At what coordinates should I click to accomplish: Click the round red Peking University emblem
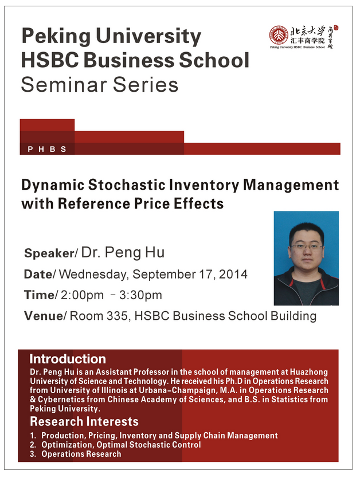click(279, 35)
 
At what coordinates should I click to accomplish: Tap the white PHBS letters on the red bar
click(47, 149)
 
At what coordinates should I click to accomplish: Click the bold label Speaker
click(49, 253)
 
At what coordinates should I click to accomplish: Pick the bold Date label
click(38, 274)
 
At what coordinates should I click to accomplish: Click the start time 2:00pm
click(82, 295)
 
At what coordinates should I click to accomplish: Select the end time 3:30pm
click(140, 295)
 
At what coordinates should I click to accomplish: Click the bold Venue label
click(44, 316)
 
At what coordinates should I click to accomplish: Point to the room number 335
click(117, 316)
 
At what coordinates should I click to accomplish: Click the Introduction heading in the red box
click(68, 359)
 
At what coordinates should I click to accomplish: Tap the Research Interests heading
click(84, 421)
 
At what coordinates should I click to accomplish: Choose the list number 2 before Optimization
click(33, 445)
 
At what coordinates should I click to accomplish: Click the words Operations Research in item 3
click(81, 454)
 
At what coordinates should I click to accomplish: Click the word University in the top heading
click(148, 36)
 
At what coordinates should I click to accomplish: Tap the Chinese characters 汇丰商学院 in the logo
click(308, 41)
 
